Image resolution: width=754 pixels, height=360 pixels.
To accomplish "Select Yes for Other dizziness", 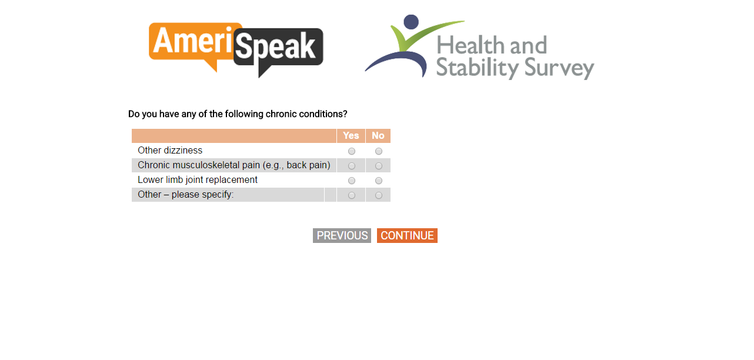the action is click(x=352, y=151).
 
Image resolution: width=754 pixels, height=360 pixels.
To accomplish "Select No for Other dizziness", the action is click(x=379, y=151).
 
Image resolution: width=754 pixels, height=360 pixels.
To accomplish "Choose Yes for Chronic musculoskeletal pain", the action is click(x=352, y=166).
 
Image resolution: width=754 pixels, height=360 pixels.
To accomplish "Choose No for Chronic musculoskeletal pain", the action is click(x=379, y=166).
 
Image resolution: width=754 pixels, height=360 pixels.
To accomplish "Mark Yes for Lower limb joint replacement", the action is click(x=352, y=181).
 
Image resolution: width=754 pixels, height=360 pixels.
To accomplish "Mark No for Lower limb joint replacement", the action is click(x=379, y=181).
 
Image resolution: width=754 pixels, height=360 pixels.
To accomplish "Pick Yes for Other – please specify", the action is click(x=352, y=195).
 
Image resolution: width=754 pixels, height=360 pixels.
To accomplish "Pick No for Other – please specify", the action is click(x=379, y=195).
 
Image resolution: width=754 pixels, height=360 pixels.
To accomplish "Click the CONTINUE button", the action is click(x=407, y=235).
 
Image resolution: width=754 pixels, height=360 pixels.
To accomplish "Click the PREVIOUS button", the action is click(x=342, y=235).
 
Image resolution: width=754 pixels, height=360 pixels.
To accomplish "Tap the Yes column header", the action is click(x=351, y=135).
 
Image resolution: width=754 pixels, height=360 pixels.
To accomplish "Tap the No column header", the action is click(x=378, y=135).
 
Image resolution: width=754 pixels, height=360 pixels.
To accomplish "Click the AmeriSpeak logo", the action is click(x=236, y=49).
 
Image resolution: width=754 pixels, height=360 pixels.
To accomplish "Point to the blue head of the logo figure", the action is click(x=411, y=22).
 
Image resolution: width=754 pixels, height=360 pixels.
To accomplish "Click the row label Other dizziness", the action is click(x=170, y=150).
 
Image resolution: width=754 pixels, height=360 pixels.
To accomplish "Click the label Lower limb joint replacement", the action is click(x=198, y=180).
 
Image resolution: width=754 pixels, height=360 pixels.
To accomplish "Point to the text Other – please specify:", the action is click(x=185, y=195).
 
